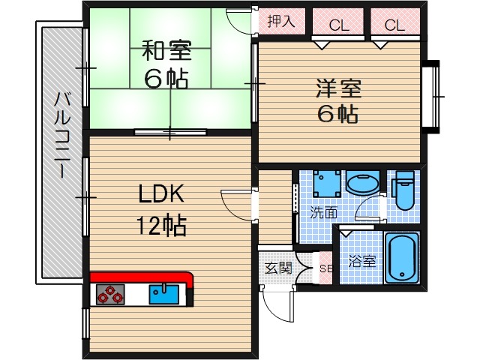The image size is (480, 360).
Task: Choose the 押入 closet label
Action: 281,21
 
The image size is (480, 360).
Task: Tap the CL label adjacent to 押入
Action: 339,25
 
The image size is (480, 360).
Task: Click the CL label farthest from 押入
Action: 394,25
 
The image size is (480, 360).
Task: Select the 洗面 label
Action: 323,212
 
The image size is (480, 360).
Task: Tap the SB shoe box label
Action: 325,268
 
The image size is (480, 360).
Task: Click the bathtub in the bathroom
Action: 402,258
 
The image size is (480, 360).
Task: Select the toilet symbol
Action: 403,192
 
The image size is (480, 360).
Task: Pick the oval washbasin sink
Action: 362,184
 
